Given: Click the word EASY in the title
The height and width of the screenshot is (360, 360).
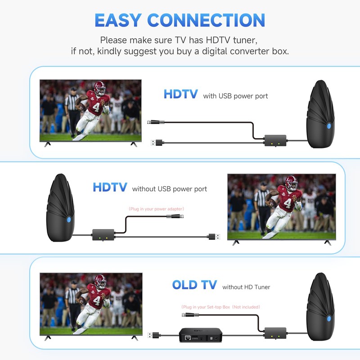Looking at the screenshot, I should (x=118, y=20).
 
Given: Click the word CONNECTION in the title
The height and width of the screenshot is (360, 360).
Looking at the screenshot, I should (x=207, y=20).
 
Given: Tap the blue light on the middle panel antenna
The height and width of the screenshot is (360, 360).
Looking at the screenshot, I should (x=68, y=220).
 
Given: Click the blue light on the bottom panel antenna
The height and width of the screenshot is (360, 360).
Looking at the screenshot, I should (x=329, y=319).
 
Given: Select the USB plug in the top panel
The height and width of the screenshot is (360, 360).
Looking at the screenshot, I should (x=156, y=143).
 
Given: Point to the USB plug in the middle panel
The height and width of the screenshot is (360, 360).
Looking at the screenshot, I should (x=213, y=236).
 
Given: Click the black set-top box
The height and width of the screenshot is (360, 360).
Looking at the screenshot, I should (x=201, y=335).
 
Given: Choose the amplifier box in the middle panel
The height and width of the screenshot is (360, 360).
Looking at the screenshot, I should (x=103, y=234).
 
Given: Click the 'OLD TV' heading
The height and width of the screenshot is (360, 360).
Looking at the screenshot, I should (x=194, y=285).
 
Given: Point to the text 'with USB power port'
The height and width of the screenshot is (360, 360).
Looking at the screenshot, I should (x=235, y=96).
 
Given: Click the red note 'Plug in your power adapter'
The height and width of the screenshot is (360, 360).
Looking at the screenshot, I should (x=156, y=209).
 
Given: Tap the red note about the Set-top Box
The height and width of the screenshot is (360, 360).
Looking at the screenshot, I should (x=220, y=307).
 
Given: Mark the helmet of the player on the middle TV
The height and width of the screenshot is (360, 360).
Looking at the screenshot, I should (x=291, y=182).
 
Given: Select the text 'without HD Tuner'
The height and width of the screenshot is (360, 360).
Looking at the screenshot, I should (x=246, y=287).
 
